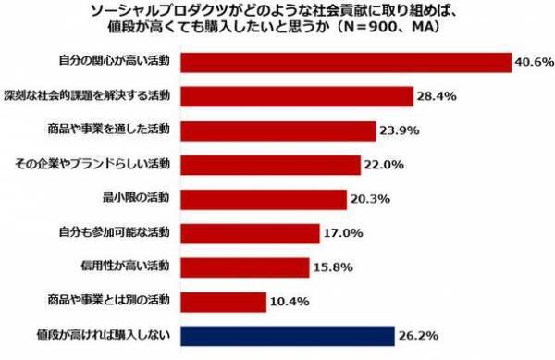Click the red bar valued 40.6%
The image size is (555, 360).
pyautogui.click(x=346, y=62)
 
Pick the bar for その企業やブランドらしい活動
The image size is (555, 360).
pyautogui.click(x=270, y=165)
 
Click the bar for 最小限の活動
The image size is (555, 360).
pyautogui.click(x=264, y=198)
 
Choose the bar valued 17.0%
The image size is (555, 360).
pyautogui.click(x=250, y=232)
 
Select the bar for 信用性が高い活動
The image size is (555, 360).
pyautogui.click(x=245, y=267)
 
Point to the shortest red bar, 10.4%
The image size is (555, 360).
pyautogui.click(x=224, y=301)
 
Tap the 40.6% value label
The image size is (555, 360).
pyautogui.click(x=534, y=63)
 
